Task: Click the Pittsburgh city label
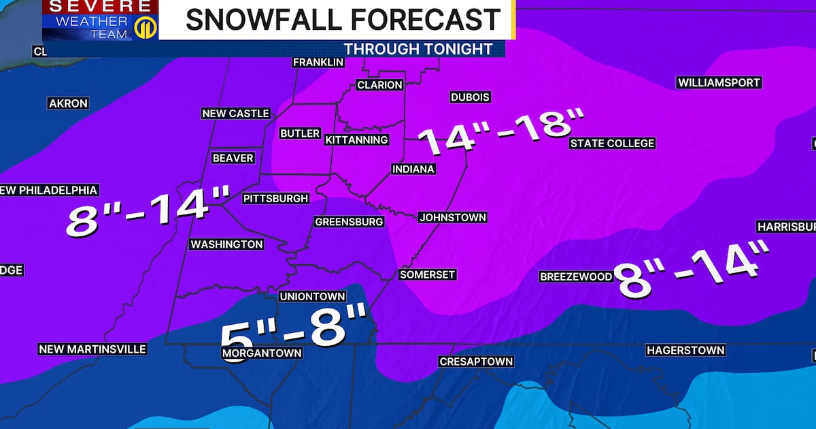point(276,199)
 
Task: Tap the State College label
point(612,143)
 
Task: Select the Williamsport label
point(719,82)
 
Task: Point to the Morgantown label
point(262,353)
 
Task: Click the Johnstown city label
point(453,217)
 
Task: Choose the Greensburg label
point(349,221)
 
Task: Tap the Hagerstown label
point(685,350)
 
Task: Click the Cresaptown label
point(475,362)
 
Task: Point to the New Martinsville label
point(92,349)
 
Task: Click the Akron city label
point(68,104)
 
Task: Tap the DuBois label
point(470,97)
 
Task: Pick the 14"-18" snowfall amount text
point(501,131)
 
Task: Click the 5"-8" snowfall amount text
point(294,326)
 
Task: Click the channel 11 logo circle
point(143,28)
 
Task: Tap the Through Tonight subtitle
point(418,49)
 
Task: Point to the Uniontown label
point(313,296)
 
